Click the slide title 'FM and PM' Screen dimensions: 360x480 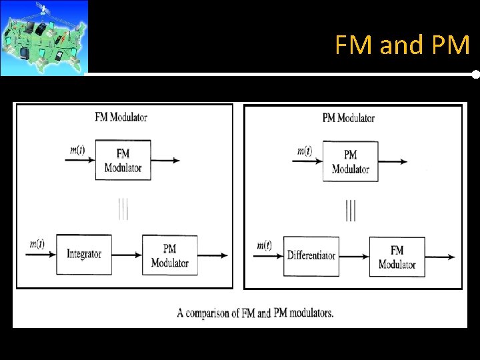[402, 45]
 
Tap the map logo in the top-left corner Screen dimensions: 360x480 [44, 37]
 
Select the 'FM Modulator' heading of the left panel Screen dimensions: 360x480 [121, 117]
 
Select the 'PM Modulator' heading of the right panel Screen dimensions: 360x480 [348, 118]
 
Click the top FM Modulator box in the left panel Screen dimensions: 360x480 [123, 160]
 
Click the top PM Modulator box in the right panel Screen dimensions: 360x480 [350, 161]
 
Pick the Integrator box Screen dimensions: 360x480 [84, 254]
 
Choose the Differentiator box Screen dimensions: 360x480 [311, 255]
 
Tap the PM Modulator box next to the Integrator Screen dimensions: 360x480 [169, 255]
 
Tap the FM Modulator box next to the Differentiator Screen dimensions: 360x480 [397, 257]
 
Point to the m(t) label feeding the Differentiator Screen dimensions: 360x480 [264, 245]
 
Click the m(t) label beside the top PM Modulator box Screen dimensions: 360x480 [304, 151]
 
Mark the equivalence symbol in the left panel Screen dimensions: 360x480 [123, 209]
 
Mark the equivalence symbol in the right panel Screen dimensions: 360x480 [351, 210]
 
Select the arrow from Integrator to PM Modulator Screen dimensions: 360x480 [127, 255]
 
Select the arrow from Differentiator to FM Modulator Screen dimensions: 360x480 [354, 256]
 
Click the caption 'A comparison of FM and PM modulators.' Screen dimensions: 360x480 [255, 313]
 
